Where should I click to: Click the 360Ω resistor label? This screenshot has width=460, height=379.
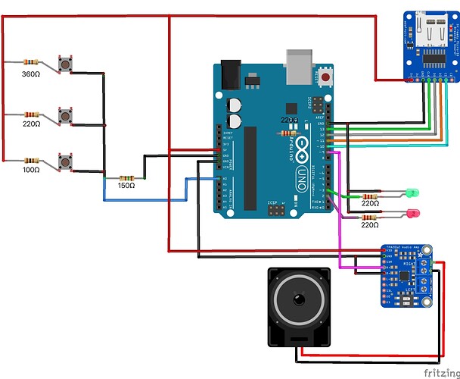tap(30, 74)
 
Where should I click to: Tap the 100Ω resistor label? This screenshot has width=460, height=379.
tap(30, 172)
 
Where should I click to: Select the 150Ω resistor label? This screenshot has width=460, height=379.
tap(126, 186)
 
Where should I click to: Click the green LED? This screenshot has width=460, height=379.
tap(412, 193)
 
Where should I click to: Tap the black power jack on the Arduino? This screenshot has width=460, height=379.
tap(232, 74)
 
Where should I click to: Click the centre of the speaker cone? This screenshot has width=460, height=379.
tap(299, 303)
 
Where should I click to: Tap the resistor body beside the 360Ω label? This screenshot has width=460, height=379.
tap(31, 62)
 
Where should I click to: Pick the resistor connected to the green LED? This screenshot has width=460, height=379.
tap(370, 196)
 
